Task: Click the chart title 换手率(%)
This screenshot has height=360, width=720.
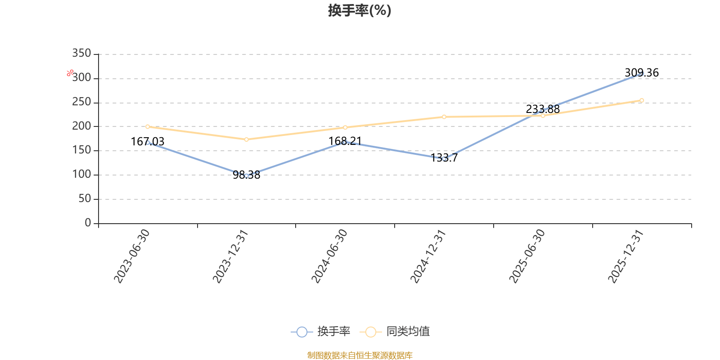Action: click(x=360, y=10)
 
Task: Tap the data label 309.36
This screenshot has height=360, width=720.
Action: click(x=641, y=73)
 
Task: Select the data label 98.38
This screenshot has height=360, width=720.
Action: click(x=246, y=175)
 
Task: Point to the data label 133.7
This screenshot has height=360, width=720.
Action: click(x=444, y=158)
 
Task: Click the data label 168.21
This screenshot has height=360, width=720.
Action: click(x=345, y=141)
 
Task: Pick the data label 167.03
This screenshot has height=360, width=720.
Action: click(x=148, y=142)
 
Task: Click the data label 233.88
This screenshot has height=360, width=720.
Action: click(x=543, y=109)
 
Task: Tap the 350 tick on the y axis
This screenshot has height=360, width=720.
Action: click(x=81, y=54)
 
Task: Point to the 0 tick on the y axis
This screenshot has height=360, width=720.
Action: click(x=88, y=223)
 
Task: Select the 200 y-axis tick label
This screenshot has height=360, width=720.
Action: click(x=81, y=126)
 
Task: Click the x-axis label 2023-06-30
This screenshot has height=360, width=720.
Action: click(x=131, y=256)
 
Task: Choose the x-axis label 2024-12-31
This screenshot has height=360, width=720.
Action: click(x=428, y=256)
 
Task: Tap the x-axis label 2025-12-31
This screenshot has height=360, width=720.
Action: click(x=625, y=256)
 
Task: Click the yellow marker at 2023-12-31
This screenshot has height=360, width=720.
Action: click(x=246, y=139)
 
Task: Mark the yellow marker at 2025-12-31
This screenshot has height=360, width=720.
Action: click(x=641, y=100)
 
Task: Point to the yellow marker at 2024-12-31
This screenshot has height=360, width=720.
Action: click(x=444, y=117)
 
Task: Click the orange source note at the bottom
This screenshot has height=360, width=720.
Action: click(x=360, y=355)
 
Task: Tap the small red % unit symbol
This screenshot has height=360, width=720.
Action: click(x=70, y=73)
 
